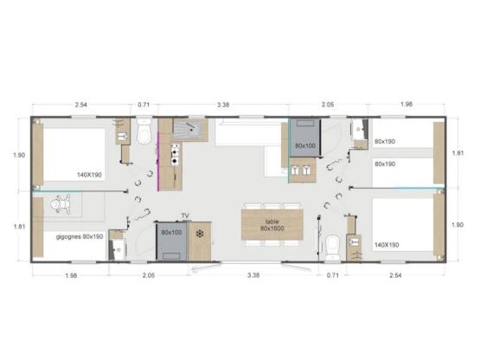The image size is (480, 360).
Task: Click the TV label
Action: (x=184, y=215)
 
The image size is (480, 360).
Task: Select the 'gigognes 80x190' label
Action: (x=80, y=235)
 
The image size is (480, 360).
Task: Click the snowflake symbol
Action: (x=200, y=235)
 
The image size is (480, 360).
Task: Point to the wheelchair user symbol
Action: (x=61, y=205)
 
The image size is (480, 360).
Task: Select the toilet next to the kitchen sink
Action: (x=144, y=133)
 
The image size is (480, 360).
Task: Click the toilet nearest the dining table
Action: (x=333, y=244)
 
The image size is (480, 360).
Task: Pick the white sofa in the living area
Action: (x=248, y=134)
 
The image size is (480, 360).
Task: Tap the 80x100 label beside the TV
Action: (x=170, y=232)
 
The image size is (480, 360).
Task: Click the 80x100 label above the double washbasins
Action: (x=304, y=145)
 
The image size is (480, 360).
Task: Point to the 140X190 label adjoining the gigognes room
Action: (x=88, y=175)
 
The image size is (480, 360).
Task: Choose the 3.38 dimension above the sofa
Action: (x=223, y=105)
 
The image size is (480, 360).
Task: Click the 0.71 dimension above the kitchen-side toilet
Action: (x=144, y=105)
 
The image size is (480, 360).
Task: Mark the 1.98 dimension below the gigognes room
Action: (x=71, y=275)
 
